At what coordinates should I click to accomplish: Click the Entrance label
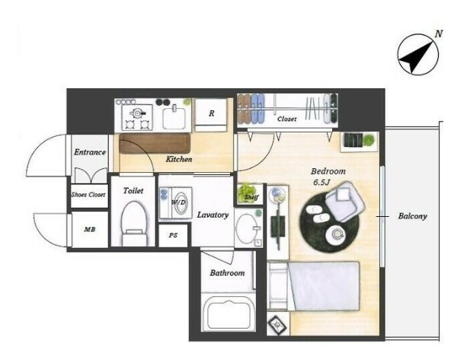tap(90, 152)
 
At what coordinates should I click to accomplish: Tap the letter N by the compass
tap(439, 33)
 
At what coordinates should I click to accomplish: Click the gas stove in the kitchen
tap(136, 117)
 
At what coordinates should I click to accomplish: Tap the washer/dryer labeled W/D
tap(175, 203)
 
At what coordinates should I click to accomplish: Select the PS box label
tap(173, 235)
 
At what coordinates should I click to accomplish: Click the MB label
tap(89, 230)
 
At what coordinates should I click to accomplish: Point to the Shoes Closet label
tap(88, 195)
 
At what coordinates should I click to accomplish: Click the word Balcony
tap(413, 216)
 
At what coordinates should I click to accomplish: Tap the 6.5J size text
tap(321, 183)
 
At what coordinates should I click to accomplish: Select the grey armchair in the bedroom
tap(344, 201)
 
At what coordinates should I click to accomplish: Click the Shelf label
tap(251, 197)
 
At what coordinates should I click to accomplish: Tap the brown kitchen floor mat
tap(155, 143)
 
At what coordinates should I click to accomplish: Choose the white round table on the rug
tap(337, 234)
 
